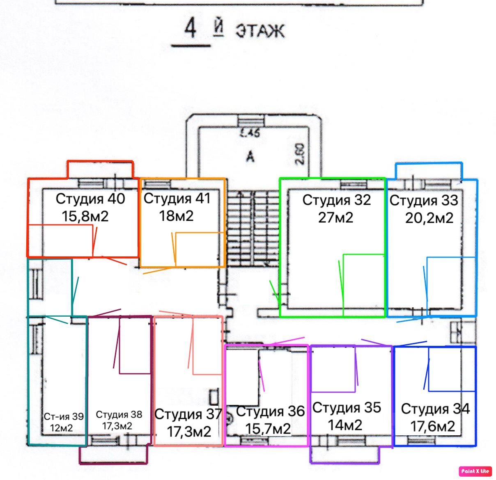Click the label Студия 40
click(90, 199)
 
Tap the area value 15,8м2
click(85, 216)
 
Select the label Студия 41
click(177, 199)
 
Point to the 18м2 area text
click(176, 216)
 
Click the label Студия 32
click(336, 200)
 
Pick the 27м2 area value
click(335, 217)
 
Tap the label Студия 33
click(423, 201)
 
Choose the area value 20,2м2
click(429, 218)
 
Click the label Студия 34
click(435, 409)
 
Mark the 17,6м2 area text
click(433, 426)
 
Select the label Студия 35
click(347, 407)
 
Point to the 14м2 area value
click(345, 425)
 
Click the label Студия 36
click(271, 411)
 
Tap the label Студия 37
click(188, 414)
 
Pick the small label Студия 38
click(119, 415)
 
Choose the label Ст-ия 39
click(64, 417)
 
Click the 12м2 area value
click(61, 428)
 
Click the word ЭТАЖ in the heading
click(259, 31)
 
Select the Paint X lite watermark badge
click(475, 471)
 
